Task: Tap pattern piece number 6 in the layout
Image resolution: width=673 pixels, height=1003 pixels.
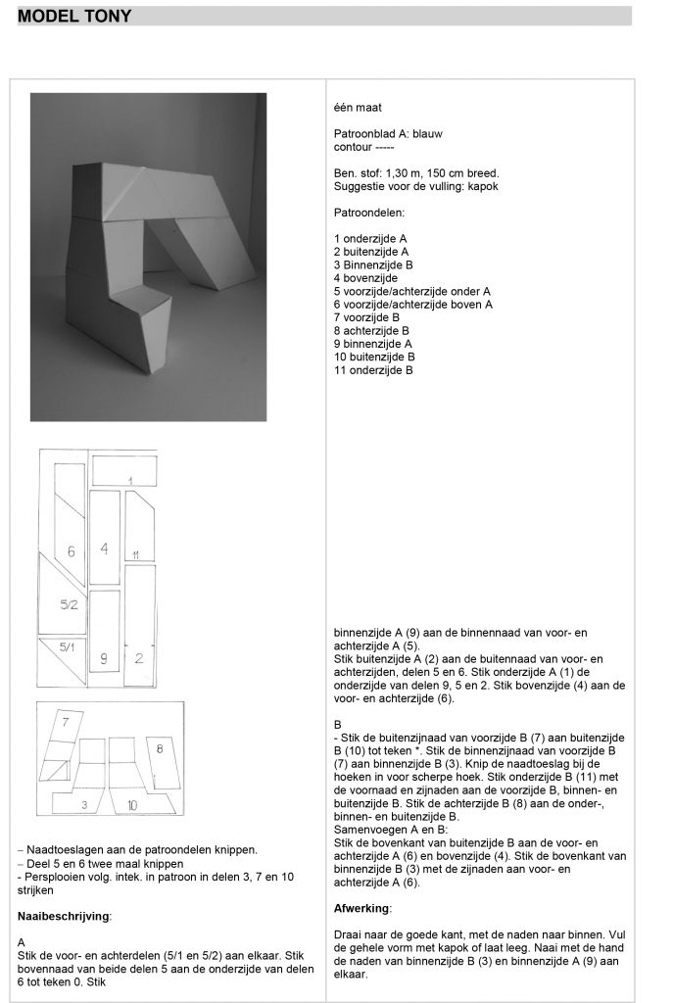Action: (x=71, y=551)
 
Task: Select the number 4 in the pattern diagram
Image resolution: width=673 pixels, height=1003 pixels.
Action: (x=104, y=548)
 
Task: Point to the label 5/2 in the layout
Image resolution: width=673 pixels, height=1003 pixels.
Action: (x=68, y=605)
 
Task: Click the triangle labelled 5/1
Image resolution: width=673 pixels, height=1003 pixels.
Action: (x=67, y=647)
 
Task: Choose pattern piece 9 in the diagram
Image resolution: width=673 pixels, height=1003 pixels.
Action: (x=104, y=658)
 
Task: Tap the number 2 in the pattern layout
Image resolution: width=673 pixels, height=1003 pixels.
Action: (x=139, y=658)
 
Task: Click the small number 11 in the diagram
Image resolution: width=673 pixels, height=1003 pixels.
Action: (x=136, y=555)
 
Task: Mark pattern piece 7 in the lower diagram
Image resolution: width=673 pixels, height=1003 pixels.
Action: (x=66, y=723)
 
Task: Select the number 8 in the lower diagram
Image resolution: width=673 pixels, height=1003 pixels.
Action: (x=160, y=748)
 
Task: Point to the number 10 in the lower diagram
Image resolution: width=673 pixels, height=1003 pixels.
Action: (x=131, y=804)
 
